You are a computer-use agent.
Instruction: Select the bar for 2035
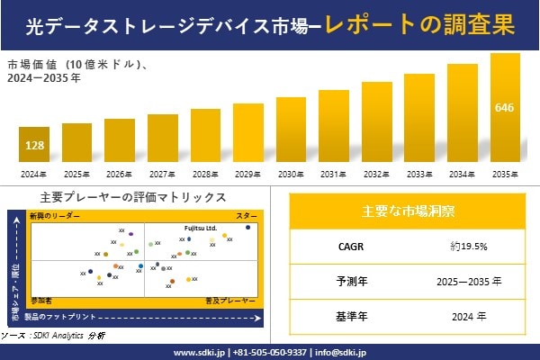[505, 108]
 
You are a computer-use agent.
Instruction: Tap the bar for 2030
[291, 130]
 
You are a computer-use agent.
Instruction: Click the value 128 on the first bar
[34, 145]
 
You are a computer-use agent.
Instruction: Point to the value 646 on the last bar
[505, 108]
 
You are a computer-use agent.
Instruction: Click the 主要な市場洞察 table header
[408, 211]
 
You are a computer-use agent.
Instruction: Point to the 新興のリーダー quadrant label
[55, 217]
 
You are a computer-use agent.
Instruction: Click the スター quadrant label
[246, 217]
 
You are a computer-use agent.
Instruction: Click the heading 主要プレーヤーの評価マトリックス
[132, 197]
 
